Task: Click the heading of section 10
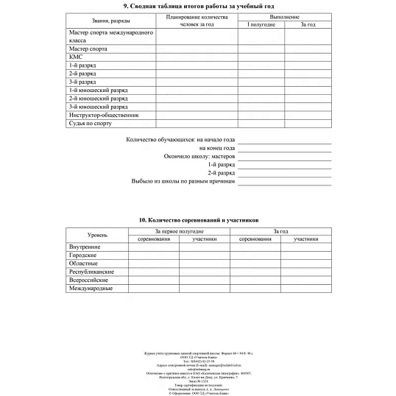tap(199, 220)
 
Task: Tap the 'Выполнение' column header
tap(285, 15)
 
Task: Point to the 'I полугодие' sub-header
tap(258, 25)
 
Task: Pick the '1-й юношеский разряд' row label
tap(95, 90)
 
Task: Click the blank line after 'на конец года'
tap(284, 148)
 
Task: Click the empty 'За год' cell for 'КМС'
tap(308, 57)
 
